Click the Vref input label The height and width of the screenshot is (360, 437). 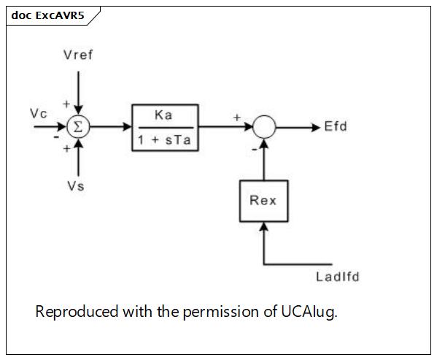click(78, 55)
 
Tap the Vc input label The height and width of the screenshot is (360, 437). click(39, 114)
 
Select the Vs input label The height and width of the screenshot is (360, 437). click(76, 186)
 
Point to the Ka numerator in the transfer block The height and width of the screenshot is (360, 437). click(163, 115)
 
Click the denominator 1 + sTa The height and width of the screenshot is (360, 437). click(164, 140)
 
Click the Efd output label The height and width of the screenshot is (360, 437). click(336, 126)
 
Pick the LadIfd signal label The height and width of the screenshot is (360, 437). click(338, 277)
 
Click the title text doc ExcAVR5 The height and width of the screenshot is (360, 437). click(47, 15)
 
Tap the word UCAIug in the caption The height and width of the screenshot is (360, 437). click(309, 312)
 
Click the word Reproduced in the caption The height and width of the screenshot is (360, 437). click(77, 311)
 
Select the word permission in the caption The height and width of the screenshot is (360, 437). click(221, 313)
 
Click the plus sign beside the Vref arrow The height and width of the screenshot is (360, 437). click(66, 104)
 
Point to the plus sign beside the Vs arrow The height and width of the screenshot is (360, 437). click(66, 149)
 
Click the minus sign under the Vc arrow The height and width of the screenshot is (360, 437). click(56, 137)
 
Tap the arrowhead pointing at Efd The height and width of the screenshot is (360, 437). click(316, 128)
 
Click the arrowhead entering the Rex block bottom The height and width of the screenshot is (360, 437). click(263, 226)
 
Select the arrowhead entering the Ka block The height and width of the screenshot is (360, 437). click(128, 127)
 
